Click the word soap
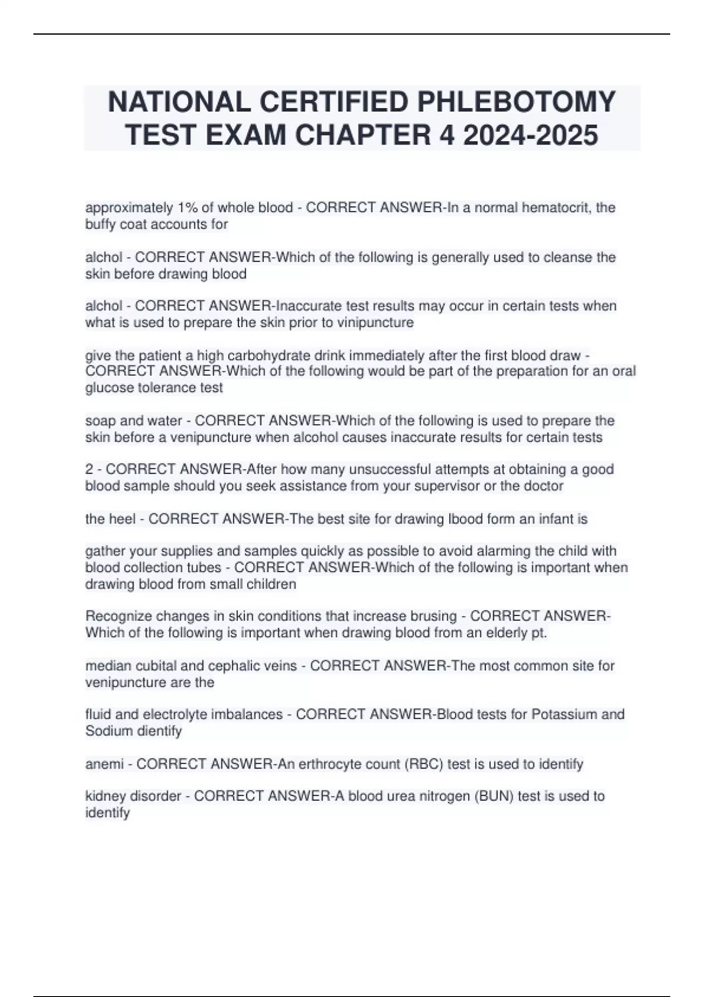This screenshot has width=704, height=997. pyautogui.click(x=100, y=420)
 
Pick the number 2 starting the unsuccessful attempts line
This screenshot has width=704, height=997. pyautogui.click(x=89, y=469)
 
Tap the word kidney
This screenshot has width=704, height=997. pyautogui.click(x=104, y=796)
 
